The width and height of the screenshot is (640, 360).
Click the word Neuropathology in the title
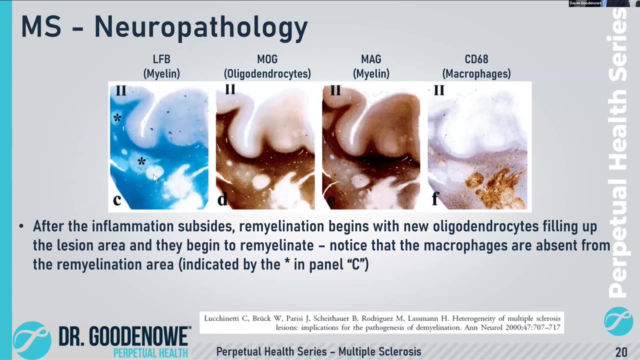click(201, 27)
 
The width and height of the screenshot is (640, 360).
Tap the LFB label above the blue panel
click(161, 59)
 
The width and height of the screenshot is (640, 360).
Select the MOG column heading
click(267, 59)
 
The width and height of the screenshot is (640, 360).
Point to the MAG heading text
click(371, 59)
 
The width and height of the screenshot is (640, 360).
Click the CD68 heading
click(476, 59)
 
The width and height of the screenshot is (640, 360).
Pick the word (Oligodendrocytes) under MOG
click(267, 73)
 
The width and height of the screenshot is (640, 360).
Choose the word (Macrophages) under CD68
click(476, 73)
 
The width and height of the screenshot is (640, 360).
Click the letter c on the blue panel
click(117, 199)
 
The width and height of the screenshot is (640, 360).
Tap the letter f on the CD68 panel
click(435, 198)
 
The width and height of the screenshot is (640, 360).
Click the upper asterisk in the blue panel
click(117, 117)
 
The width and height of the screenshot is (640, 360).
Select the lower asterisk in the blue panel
click(141, 161)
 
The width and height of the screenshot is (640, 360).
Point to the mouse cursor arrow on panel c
click(155, 178)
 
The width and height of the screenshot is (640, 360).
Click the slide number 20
click(621, 351)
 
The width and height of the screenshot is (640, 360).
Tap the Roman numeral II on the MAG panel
click(335, 90)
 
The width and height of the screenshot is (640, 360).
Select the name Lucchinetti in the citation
click(221, 318)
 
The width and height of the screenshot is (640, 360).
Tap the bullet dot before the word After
click(21, 226)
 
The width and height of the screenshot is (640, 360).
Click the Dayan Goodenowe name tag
click(585, 3)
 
